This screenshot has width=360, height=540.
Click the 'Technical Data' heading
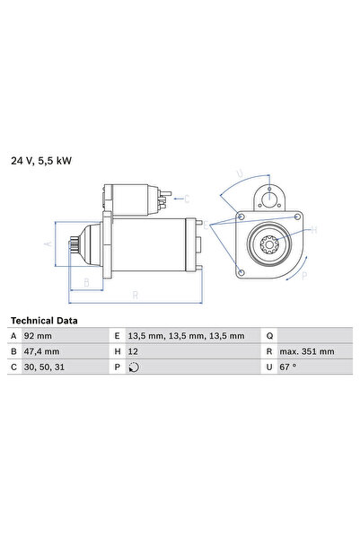pyautogui.click(x=43, y=320)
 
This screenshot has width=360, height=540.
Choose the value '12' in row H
pyautogui.click(x=134, y=350)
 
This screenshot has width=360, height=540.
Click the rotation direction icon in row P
pyautogui.click(x=135, y=367)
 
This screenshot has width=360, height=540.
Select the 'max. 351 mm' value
pyautogui.click(x=306, y=350)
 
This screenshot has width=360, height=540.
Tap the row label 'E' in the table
pyautogui.click(x=117, y=335)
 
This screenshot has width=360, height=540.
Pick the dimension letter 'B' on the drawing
pyautogui.click(x=85, y=282)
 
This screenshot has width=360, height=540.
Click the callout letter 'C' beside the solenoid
pyautogui.click(x=186, y=198)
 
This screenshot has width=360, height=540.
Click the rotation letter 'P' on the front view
pyautogui.click(x=303, y=276)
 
